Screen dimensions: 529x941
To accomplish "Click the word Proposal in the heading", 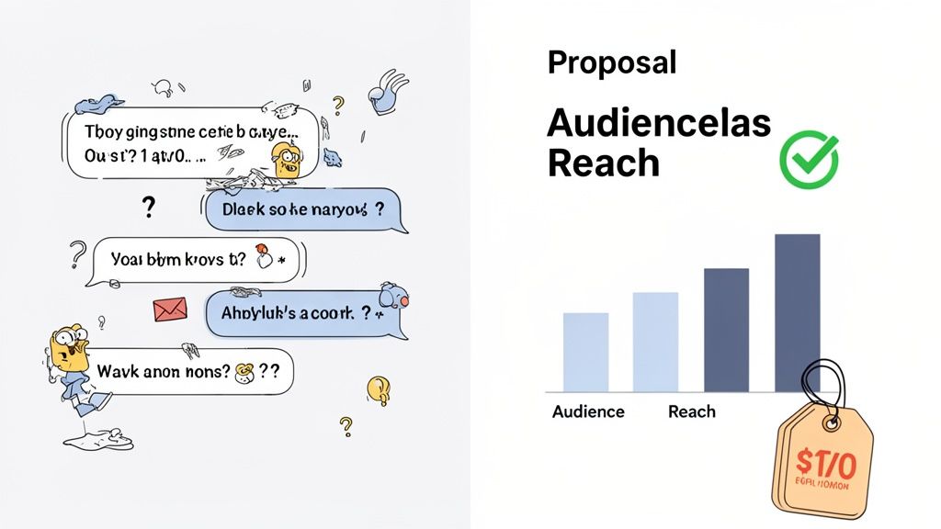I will [611, 62].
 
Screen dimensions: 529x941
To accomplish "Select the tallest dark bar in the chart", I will [797, 312].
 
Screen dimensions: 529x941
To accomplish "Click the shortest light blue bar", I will [585, 352].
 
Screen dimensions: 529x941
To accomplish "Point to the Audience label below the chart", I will [588, 411].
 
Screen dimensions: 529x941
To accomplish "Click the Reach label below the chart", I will [691, 411].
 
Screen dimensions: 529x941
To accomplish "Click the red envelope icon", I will [170, 310].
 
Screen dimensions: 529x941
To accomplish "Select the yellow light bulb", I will [378, 389].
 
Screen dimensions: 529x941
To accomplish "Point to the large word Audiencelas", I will [659, 122].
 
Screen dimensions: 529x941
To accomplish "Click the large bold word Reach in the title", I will [604, 163].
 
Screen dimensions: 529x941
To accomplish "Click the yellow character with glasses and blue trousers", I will [73, 363].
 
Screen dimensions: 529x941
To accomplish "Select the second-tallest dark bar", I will [726, 330].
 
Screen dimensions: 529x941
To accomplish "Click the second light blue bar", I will [655, 342].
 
